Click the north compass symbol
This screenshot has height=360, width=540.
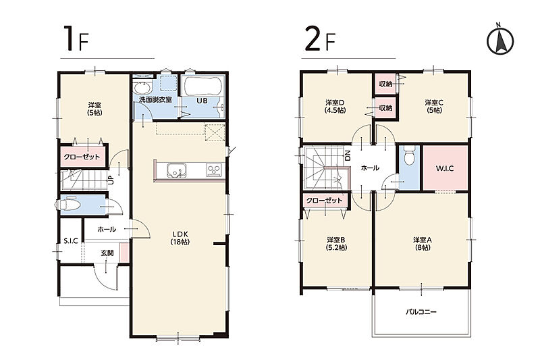(500, 39)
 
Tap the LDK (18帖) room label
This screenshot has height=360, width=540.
(180, 238)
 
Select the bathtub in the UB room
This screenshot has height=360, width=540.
(203, 86)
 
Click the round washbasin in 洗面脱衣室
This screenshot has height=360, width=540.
(142, 88)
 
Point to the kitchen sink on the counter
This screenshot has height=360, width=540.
(178, 170)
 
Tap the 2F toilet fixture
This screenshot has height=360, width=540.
(409, 156)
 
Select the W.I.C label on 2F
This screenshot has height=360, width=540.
(445, 168)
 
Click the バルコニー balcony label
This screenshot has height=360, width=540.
(421, 312)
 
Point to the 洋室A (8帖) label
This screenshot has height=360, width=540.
(423, 244)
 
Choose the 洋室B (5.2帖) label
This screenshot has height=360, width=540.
(336, 244)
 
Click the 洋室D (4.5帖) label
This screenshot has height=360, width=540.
(335, 107)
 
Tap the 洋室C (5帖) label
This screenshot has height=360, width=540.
(434, 107)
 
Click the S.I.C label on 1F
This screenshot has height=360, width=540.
(71, 241)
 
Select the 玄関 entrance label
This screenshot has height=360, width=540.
(107, 253)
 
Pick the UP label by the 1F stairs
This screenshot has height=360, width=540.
(111, 180)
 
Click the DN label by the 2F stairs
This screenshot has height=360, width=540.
(348, 156)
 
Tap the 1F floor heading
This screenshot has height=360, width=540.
(76, 39)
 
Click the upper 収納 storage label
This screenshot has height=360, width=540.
(385, 84)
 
